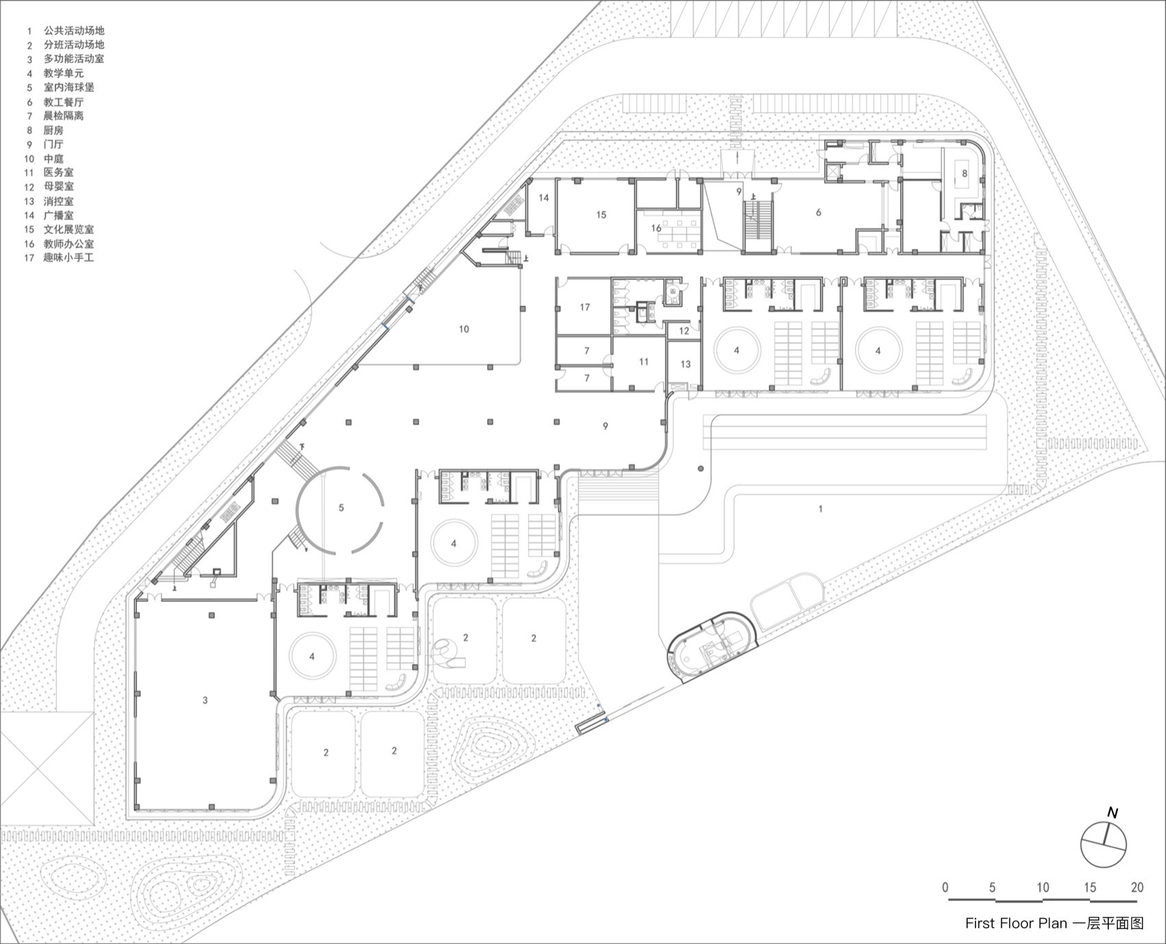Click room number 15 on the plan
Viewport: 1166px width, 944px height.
click(601, 215)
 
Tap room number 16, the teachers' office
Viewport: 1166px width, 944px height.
click(656, 228)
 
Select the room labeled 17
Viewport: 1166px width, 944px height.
click(584, 307)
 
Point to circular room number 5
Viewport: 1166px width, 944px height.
click(341, 508)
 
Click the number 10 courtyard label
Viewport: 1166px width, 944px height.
click(464, 329)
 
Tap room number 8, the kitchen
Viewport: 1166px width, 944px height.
click(964, 174)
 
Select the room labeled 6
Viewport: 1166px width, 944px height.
click(818, 213)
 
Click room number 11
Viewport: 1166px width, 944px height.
click(643, 362)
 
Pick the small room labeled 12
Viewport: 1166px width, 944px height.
click(684, 331)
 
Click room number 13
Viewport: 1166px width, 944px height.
click(685, 364)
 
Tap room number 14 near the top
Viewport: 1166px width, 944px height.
click(543, 198)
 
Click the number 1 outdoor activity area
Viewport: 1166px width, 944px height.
click(820, 508)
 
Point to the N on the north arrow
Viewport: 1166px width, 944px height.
click(1113, 813)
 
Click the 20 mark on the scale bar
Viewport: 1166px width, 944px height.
click(1137, 887)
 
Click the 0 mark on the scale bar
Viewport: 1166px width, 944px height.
click(945, 887)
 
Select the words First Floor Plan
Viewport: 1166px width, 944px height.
click(1016, 923)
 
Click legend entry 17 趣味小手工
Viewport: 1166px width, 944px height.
click(68, 258)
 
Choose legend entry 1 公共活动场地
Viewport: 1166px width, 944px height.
click(73, 31)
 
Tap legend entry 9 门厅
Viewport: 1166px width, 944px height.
click(53, 144)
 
